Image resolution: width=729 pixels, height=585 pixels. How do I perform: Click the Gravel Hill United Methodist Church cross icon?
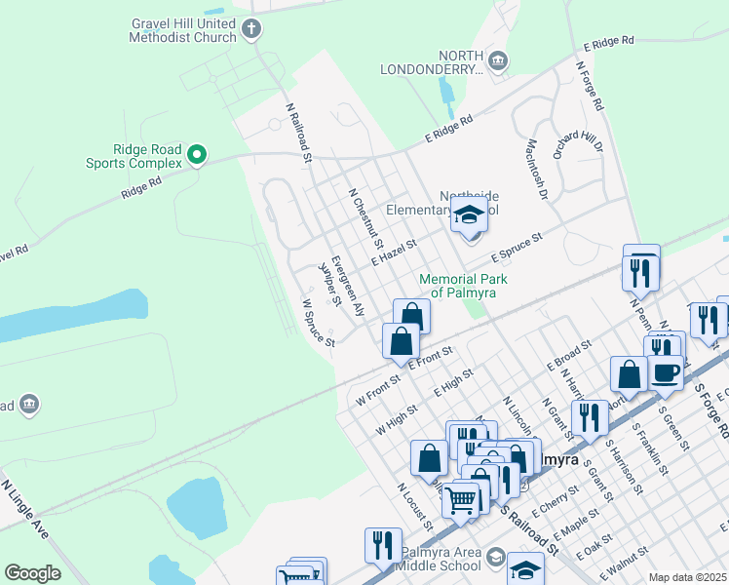[251, 29]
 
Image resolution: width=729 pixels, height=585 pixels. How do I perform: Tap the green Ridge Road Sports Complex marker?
[196, 154]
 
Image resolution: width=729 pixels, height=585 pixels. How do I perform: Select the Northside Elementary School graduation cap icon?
[470, 217]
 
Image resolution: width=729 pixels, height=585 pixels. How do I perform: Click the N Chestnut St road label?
[365, 217]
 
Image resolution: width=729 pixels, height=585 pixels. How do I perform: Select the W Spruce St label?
[318, 323]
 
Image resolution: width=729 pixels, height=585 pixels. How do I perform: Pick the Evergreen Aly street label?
[347, 286]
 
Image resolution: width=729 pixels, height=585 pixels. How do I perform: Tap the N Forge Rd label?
[591, 86]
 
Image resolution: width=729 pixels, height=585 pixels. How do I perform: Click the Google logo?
[32, 573]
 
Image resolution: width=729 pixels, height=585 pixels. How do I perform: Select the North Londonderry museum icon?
[498, 61]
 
